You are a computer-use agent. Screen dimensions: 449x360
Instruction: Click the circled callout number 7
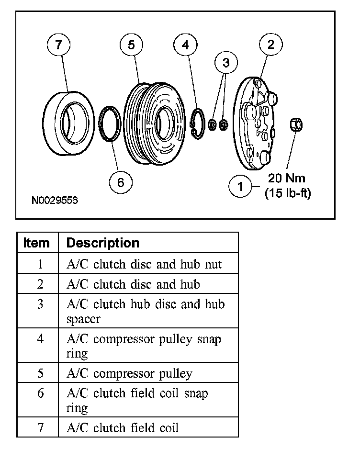58,45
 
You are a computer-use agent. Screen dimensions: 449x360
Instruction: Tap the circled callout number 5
131,45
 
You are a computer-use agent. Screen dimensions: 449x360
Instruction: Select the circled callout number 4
186,45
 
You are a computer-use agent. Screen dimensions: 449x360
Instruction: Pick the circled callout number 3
226,63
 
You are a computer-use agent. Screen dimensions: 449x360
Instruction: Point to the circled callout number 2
271,45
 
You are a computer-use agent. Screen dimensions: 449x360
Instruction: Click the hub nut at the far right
296,125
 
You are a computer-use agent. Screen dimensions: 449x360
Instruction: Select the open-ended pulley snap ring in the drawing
197,124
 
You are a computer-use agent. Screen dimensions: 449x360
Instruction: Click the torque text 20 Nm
286,179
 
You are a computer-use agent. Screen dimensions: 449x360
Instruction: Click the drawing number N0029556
55,200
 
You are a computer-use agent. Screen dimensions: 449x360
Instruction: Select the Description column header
102,243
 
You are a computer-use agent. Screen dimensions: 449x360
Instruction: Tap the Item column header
37,243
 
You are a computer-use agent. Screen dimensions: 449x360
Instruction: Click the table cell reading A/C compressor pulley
129,373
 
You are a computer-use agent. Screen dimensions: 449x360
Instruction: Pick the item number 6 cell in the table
40,393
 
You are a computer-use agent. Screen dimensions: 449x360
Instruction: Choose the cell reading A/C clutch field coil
123,427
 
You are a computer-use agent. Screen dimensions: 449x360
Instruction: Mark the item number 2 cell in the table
40,284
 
